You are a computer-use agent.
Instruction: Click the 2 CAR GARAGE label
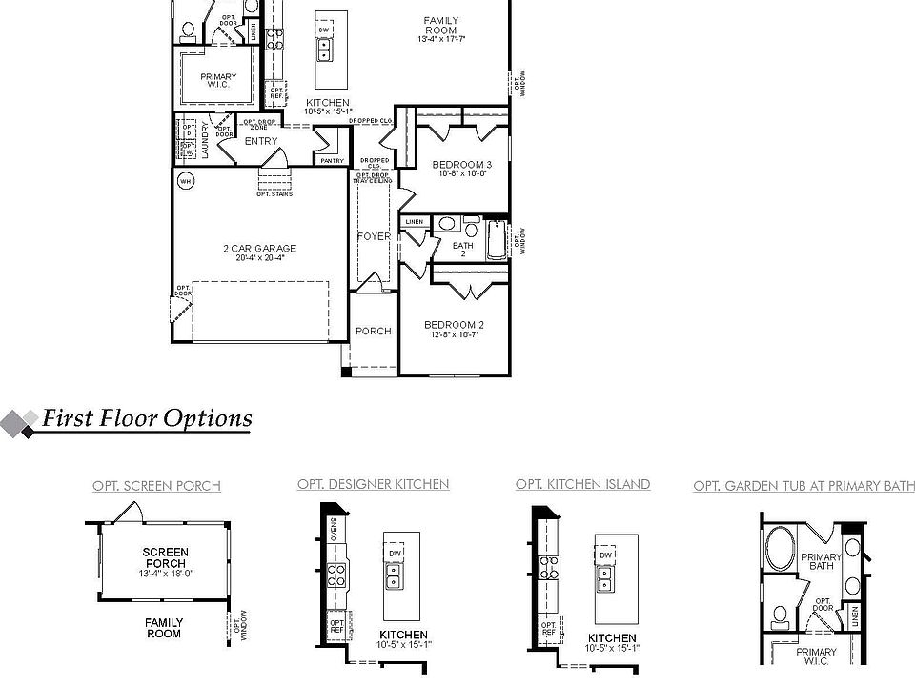click(x=259, y=249)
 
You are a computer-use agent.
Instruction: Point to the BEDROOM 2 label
click(x=454, y=325)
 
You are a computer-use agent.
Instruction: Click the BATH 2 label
click(x=463, y=251)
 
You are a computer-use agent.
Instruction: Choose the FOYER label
click(x=374, y=236)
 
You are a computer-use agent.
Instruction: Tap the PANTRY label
click(x=333, y=161)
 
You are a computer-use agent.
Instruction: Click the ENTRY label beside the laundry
click(x=260, y=141)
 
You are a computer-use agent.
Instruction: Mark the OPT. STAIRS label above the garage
click(x=274, y=194)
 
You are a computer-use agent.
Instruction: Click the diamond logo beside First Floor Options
click(x=19, y=424)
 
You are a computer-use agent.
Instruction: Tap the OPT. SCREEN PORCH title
click(x=156, y=486)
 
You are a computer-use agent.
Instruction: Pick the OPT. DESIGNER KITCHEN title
click(x=373, y=484)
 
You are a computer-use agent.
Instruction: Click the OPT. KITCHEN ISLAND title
click(x=582, y=484)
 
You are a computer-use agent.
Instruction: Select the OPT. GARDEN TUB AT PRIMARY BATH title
click(x=803, y=486)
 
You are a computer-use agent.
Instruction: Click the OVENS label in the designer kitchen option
click(x=334, y=527)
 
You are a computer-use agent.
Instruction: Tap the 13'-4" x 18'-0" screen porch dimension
click(x=165, y=574)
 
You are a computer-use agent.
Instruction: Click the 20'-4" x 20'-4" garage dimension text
click(x=259, y=258)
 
